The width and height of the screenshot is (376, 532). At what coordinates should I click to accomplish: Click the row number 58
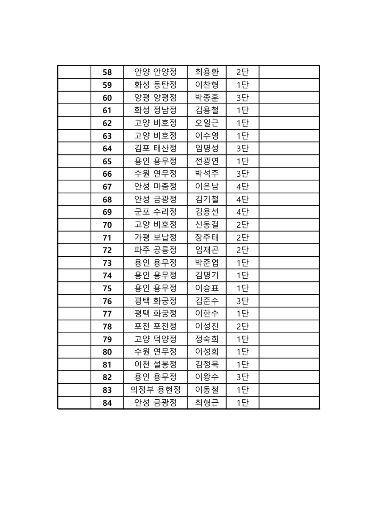click(x=107, y=72)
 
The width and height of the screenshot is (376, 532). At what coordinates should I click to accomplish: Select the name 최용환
click(x=207, y=72)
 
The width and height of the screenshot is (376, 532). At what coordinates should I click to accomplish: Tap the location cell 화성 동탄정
click(x=155, y=85)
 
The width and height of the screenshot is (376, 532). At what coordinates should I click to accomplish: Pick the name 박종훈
click(x=207, y=97)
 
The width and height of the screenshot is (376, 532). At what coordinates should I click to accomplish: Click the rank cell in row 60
click(x=242, y=97)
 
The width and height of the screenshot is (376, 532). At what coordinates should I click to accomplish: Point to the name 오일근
click(x=207, y=123)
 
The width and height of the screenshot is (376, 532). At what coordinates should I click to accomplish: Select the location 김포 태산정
click(x=155, y=148)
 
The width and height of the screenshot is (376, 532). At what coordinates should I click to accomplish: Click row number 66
click(x=107, y=174)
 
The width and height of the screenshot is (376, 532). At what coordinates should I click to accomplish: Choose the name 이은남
click(x=207, y=187)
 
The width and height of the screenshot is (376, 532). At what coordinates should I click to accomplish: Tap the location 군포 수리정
click(x=155, y=212)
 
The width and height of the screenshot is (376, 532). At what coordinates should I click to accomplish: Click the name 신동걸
click(x=207, y=224)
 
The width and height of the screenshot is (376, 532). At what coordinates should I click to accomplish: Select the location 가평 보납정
click(x=155, y=237)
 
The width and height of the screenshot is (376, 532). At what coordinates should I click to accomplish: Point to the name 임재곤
click(x=207, y=250)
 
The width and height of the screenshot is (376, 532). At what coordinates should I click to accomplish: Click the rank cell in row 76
click(x=242, y=301)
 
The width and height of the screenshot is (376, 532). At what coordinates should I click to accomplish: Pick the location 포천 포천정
click(x=155, y=326)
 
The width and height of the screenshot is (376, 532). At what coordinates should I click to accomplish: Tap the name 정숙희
click(x=207, y=339)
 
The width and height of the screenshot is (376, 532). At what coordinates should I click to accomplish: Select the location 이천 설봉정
click(x=155, y=364)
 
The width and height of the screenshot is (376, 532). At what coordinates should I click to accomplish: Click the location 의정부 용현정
click(x=155, y=390)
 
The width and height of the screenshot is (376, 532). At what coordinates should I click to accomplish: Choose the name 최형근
click(x=207, y=403)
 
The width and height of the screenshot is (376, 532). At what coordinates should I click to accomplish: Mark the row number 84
click(x=107, y=403)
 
